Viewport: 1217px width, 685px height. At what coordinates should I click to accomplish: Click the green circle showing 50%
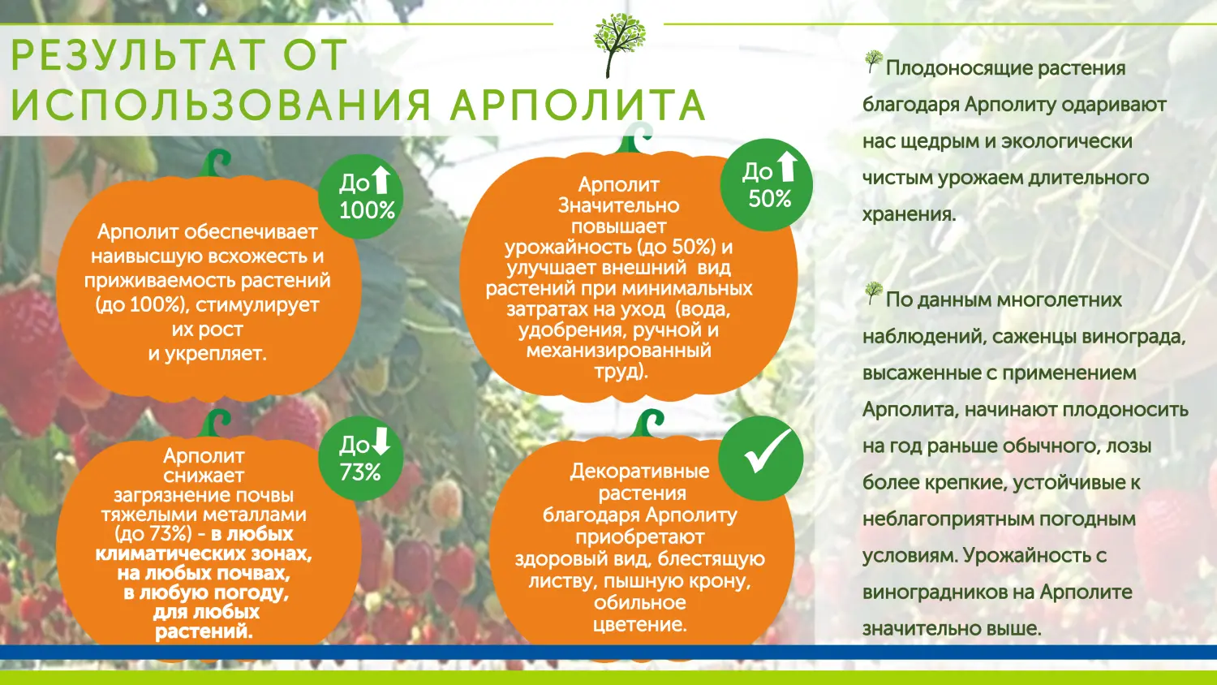pos(766,185)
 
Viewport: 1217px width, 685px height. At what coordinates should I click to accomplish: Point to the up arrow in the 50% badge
pos(787,166)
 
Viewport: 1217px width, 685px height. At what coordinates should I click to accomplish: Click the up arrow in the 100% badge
pos(381,180)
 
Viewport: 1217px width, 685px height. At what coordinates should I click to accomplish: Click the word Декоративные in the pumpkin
pos(639,472)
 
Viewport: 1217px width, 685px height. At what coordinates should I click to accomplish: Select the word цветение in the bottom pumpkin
pos(639,625)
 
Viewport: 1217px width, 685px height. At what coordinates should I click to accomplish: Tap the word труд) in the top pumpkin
pos(621,372)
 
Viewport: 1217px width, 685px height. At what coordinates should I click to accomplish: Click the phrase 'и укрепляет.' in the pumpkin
pos(207,354)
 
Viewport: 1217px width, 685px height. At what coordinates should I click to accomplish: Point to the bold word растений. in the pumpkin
pos(204,631)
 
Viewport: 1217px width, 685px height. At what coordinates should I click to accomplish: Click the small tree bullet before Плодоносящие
pos(873,62)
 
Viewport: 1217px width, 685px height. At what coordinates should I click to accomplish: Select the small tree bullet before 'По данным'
pos(873,293)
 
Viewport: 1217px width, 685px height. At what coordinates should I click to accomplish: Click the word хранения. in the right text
pos(909,214)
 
